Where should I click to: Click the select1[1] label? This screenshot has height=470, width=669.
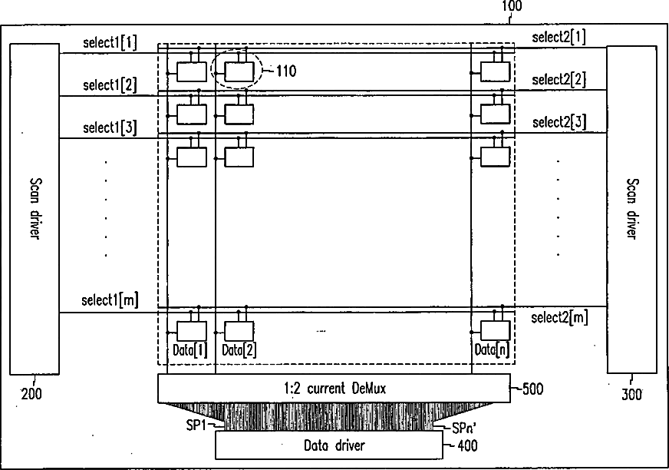(110, 43)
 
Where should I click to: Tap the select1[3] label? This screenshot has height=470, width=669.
(110, 127)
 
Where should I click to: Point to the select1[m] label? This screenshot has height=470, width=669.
(110, 300)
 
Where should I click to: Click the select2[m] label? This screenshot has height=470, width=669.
(559, 316)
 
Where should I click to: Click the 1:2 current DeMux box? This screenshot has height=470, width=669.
(334, 389)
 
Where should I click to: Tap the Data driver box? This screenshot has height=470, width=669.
(328, 445)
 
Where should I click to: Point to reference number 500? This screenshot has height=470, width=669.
(532, 389)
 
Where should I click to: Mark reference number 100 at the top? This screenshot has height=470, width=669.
(512, 6)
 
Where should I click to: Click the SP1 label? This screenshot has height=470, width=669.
(196, 423)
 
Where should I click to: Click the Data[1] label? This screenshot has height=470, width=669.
(189, 350)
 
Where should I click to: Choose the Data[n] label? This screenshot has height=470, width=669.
(491, 350)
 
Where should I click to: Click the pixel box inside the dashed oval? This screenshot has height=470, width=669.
(239, 71)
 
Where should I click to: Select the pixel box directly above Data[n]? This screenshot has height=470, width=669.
(495, 330)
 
